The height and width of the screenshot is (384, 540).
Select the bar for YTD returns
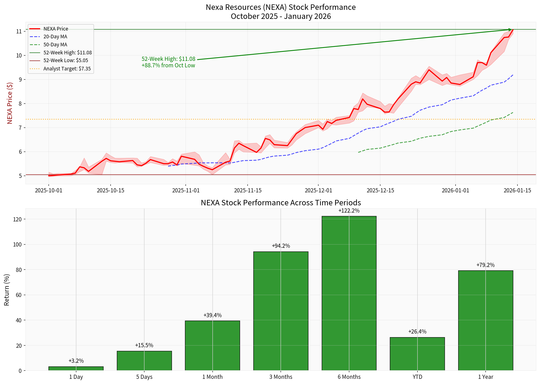pos(417,354)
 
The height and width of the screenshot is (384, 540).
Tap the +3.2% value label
pos(76,361)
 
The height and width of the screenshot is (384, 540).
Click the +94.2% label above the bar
pos(281,246)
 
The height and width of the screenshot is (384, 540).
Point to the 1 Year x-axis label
pos(485,377)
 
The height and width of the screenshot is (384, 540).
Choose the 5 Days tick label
pos(144,377)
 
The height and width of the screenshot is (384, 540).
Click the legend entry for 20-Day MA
pos(55,37)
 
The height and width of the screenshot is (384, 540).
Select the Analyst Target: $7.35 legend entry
pos(67,69)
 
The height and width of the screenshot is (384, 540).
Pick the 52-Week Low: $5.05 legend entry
pos(66,60)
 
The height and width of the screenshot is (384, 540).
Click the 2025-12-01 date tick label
pos(318,191)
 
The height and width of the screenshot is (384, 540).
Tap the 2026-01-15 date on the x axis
pos(517,191)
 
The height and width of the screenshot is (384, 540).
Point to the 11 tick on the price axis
pos(19,31)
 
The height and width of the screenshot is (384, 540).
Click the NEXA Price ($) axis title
pos(10,103)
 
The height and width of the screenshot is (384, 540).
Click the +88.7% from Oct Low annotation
pos(168,65)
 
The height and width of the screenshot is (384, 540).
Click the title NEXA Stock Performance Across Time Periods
pos(281,202)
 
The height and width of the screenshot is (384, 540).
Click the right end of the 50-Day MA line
pos(513,112)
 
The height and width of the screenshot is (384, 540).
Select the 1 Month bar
pos(212,345)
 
